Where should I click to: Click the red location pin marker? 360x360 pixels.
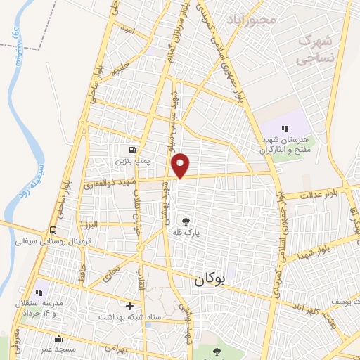pyautogui.click(x=181, y=165)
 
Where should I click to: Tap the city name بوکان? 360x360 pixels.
pyautogui.click(x=210, y=280)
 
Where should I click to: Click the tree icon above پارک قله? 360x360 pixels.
pyautogui.click(x=186, y=221)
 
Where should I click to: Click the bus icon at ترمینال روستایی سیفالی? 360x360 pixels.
pyautogui.click(x=54, y=230)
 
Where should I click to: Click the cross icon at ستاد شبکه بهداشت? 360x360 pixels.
pyautogui.click(x=129, y=306)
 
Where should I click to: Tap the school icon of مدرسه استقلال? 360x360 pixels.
pyautogui.click(x=39, y=291)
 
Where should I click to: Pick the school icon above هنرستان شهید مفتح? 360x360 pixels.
pyautogui.click(x=285, y=129)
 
